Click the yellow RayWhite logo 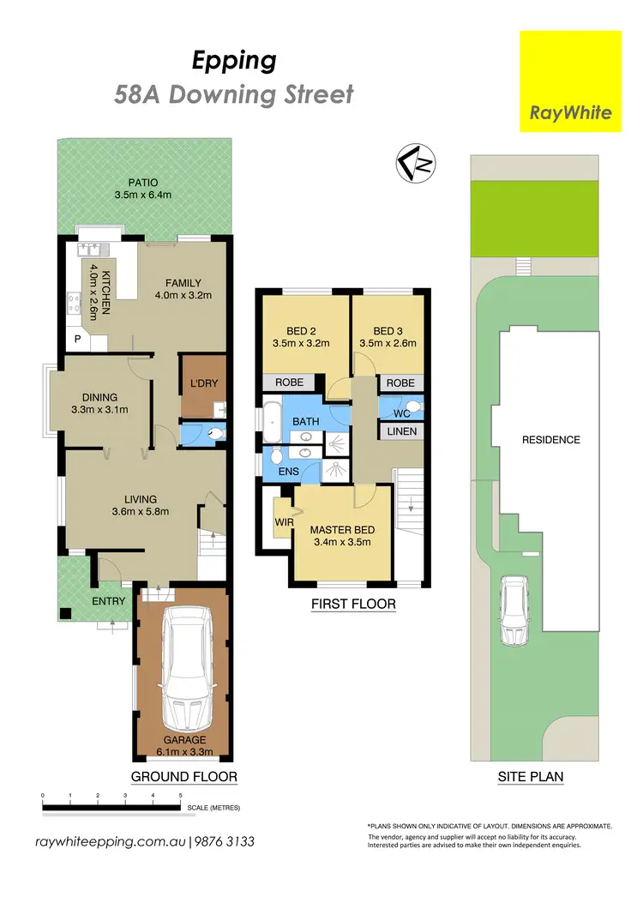click(571, 81)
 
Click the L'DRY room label click(203, 381)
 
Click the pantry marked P click(78, 339)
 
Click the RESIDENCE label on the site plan click(551, 440)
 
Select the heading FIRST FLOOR click(353, 604)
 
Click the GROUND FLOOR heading click(183, 777)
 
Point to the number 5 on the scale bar click(180, 797)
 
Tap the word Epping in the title click(233, 61)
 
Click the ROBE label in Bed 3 click(400, 383)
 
